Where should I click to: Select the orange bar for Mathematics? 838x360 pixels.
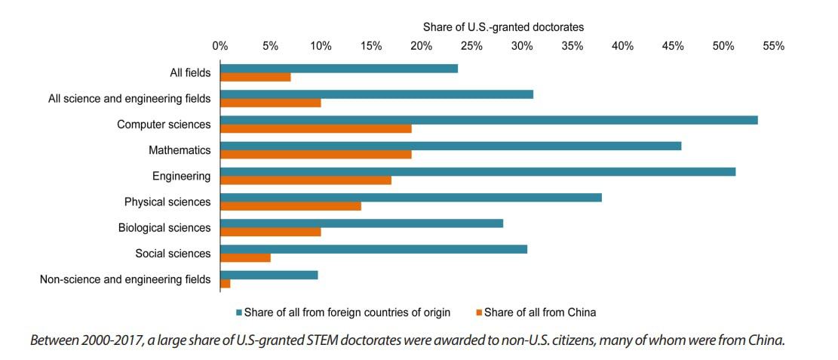click(316, 155)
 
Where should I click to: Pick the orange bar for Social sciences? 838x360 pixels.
click(245, 257)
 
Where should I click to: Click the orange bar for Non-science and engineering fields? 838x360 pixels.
click(226, 283)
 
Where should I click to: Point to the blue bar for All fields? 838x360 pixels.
click(339, 69)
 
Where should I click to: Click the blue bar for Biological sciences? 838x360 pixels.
click(361, 223)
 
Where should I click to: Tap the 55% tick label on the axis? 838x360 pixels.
click(773, 46)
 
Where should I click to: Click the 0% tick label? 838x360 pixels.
click(219, 46)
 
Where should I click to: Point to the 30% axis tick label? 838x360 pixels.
click(522, 46)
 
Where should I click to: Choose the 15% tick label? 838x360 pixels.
click(371, 46)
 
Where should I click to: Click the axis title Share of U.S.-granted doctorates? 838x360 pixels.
click(503, 27)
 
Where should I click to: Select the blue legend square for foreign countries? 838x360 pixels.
click(239, 312)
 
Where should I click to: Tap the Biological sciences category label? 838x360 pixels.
click(164, 228)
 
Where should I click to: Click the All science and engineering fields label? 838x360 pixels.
click(129, 98)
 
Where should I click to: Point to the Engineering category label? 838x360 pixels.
click(181, 176)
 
